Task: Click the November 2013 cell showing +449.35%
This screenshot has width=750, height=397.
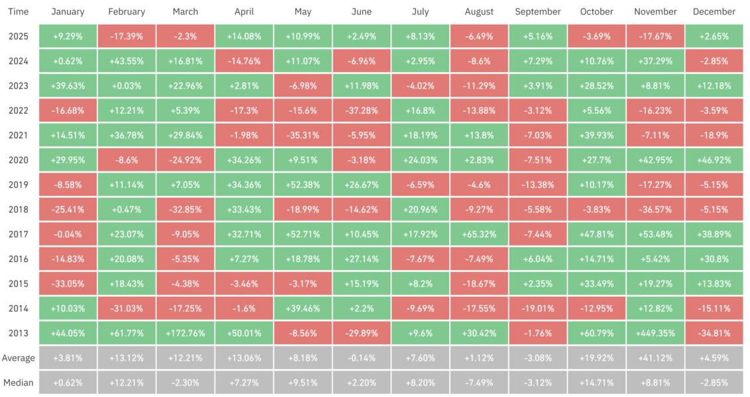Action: tap(655, 333)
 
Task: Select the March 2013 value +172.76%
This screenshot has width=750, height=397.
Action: tap(185, 333)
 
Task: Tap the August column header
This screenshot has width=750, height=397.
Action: tap(479, 12)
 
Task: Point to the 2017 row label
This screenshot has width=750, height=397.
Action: tap(19, 234)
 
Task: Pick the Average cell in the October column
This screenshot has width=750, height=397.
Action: tap(596, 358)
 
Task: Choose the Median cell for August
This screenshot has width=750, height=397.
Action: tap(479, 382)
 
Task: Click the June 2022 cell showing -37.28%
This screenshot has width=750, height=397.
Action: tap(361, 110)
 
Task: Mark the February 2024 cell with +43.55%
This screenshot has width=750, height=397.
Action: tap(126, 61)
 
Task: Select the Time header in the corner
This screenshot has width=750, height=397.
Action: tap(19, 12)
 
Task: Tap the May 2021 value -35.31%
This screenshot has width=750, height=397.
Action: tap(302, 135)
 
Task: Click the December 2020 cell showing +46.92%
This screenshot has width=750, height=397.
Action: tap(714, 160)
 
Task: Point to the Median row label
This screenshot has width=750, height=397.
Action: tap(19, 382)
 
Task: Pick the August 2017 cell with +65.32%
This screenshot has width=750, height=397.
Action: tap(479, 234)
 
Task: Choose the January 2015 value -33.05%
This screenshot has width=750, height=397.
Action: tap(67, 283)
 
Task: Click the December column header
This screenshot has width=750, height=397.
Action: tap(714, 12)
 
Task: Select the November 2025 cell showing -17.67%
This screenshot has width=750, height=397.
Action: tap(655, 36)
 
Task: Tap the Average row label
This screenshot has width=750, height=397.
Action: tap(19, 358)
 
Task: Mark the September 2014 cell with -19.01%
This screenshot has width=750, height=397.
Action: tap(537, 308)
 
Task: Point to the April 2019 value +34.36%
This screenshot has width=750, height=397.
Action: tap(244, 185)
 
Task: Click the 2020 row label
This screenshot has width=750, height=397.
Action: tap(19, 160)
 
